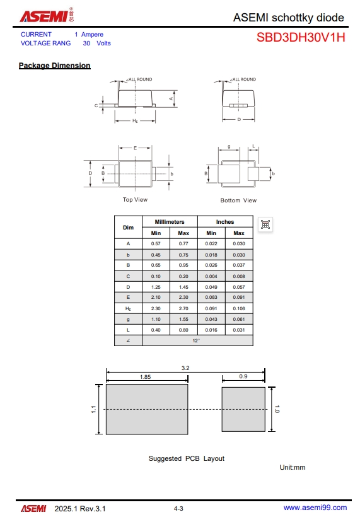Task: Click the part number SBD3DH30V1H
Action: [x=300, y=37]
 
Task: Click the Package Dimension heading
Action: [x=54, y=66]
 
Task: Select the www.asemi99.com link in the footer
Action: [x=315, y=508]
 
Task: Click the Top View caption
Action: [x=135, y=200]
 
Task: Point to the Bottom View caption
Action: [x=238, y=200]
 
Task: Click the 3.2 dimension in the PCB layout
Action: [x=185, y=368]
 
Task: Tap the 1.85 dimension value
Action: [x=146, y=377]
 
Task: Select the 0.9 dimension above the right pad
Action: [x=243, y=377]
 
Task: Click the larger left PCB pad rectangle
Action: [x=146, y=409]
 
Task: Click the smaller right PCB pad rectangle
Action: [x=243, y=409]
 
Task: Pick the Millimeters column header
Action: [x=170, y=222]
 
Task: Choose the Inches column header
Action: [x=225, y=222]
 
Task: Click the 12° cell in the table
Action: [x=197, y=340]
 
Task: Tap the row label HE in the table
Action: [x=128, y=308]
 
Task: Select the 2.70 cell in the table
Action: [x=183, y=308]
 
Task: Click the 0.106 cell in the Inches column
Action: [x=239, y=308]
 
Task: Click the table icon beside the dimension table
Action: [x=265, y=224]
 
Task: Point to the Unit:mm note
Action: [x=293, y=467]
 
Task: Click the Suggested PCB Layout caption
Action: [x=186, y=458]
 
